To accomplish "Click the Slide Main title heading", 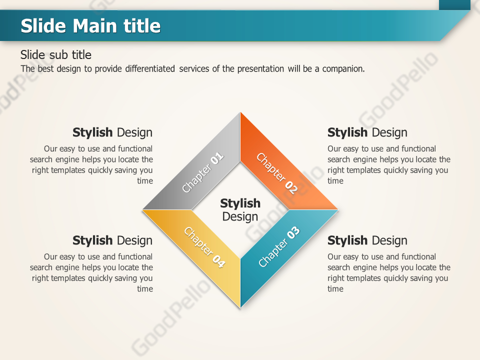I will pyautogui.click(x=90, y=25).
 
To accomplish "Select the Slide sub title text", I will pyautogui.click(x=56, y=54).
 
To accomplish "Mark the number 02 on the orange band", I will pyautogui.click(x=291, y=187).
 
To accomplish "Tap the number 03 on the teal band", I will pyautogui.click(x=293, y=232).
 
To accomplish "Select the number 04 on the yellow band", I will pyautogui.click(x=218, y=261).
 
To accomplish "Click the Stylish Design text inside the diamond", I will pyautogui.click(x=240, y=210).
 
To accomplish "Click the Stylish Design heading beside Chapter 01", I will pyautogui.click(x=112, y=132).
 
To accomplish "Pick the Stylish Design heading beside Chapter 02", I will pyautogui.click(x=367, y=132).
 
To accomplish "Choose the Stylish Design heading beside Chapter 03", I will pyautogui.click(x=367, y=240).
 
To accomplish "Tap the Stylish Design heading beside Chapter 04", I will pyautogui.click(x=112, y=240).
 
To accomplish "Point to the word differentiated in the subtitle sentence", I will pyautogui.click(x=150, y=69).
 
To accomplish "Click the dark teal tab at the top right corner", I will pyautogui.click(x=454, y=4).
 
